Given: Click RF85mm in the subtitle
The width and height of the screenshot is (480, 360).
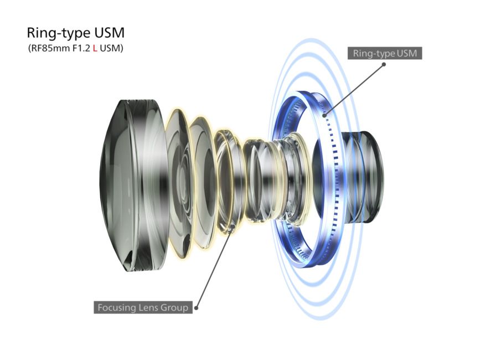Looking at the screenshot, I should point(45,49).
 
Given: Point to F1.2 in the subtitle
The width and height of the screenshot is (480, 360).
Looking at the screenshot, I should point(79,49).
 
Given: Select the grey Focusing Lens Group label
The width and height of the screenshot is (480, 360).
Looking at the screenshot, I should point(143,307).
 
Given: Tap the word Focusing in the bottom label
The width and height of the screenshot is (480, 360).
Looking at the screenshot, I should point(115,307).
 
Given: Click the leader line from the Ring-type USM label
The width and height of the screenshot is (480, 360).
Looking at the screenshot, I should point(354,88).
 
